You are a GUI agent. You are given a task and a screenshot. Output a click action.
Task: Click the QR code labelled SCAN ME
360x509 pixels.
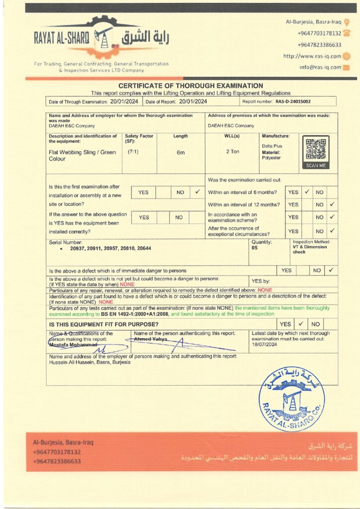pyautogui.click(x=316, y=151)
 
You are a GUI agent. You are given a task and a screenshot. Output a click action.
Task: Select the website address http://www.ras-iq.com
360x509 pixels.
pyautogui.click(x=312, y=56)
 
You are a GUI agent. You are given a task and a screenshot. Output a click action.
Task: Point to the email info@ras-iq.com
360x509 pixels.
pyautogui.click(x=320, y=67)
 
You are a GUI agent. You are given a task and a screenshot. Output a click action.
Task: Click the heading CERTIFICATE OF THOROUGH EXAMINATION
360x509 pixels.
pyautogui.click(x=190, y=86)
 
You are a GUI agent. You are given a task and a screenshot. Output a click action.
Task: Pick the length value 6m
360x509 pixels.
pyautogui.click(x=180, y=153)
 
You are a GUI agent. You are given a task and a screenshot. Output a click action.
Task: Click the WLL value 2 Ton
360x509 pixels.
pyautogui.click(x=232, y=151)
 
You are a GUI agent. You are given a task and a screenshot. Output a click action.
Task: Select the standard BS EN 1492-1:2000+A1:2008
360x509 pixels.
pyautogui.click(x=134, y=314)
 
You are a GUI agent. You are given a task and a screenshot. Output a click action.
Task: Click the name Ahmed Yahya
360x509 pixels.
pyautogui.click(x=151, y=339)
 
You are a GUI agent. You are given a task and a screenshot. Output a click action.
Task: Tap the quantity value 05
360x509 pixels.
pyautogui.click(x=255, y=248)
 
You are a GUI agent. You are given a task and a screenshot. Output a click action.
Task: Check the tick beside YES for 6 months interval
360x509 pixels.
pyautogui.click(x=307, y=192)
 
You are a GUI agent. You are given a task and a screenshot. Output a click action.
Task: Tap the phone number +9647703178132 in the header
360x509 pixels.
pyautogui.click(x=319, y=33)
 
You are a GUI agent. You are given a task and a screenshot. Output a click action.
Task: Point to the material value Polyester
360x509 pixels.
pyautogui.click(x=271, y=158)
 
